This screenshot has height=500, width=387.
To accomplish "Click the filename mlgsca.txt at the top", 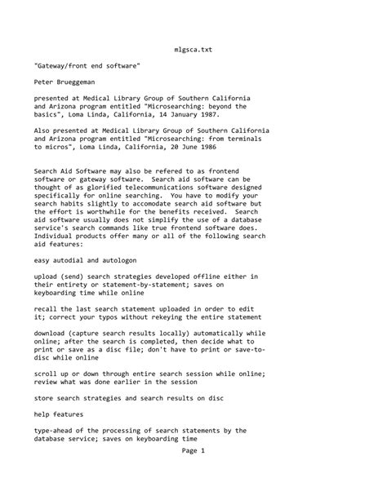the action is (x=193, y=49).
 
